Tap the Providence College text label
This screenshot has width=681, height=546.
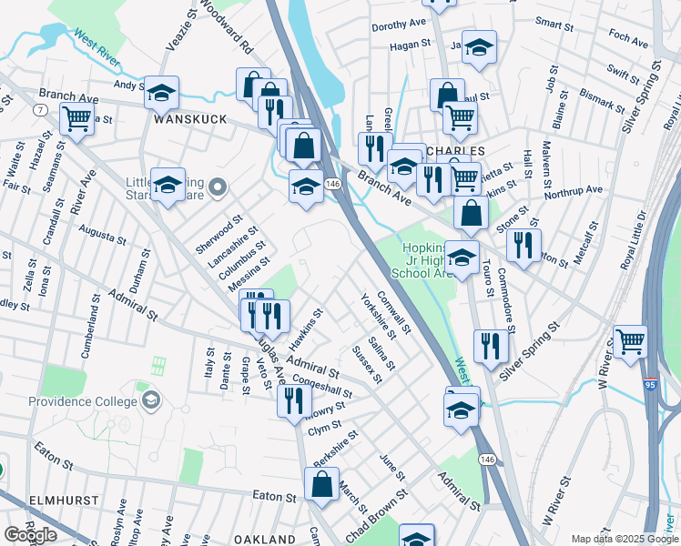pos(81,402)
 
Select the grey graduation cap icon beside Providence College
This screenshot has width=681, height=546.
pos(150,399)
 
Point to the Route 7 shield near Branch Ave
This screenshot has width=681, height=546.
pos(40,109)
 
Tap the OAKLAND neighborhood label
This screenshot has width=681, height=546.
pos(264,540)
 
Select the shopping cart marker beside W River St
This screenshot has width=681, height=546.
pos(629,342)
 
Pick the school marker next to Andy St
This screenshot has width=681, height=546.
pos(162,92)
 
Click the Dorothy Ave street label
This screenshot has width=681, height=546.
pos(399,26)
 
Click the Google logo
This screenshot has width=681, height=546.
pos(30,535)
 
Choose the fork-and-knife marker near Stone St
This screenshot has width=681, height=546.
pos(523,245)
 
